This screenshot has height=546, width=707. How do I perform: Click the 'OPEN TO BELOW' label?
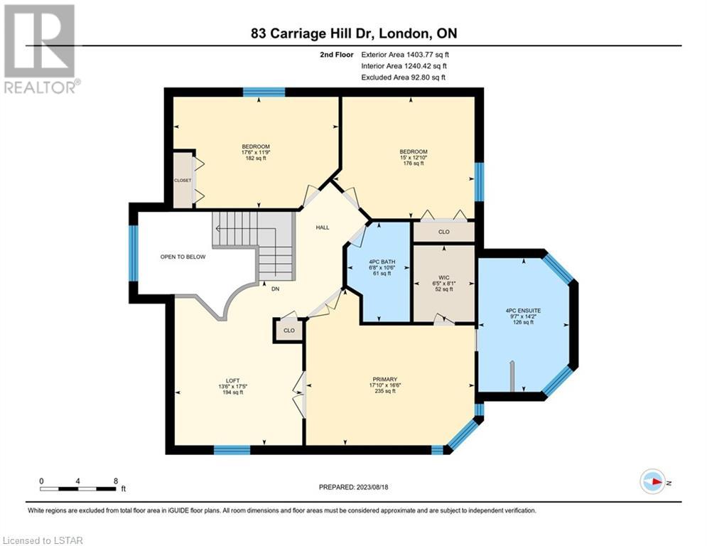[183, 257]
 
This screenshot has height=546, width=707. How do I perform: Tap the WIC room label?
[443, 278]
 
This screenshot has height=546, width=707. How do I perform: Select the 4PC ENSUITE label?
[523, 311]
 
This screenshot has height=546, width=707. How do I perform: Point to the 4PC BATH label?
[382, 262]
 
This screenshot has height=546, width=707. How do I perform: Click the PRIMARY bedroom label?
[384, 380]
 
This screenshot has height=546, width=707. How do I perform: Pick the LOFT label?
[232, 381]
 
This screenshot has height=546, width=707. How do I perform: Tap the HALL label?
[323, 227]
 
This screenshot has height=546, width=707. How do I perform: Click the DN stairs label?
[275, 289]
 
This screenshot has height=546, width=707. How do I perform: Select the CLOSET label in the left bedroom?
[183, 181]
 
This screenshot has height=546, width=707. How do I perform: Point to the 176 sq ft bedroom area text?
[414, 164]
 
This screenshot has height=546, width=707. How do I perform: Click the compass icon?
[653, 481]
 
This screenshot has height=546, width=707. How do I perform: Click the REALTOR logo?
[40, 49]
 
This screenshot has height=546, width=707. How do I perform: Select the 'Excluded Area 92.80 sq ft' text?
[403, 77]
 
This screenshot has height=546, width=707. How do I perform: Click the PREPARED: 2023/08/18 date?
[354, 487]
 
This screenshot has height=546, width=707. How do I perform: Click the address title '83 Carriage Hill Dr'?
[311, 33]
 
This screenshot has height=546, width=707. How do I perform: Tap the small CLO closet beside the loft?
[289, 331]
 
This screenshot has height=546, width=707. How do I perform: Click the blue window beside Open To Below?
[134, 253]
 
